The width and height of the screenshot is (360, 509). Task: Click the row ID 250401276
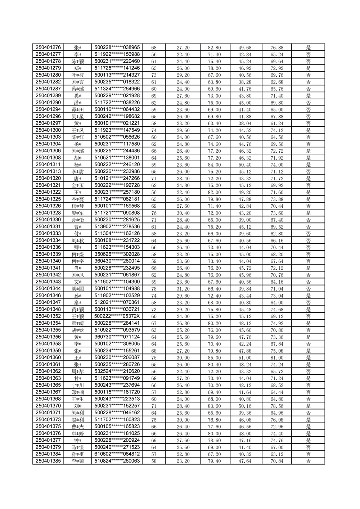pos(48,48)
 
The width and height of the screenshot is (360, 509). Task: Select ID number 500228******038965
pos(117,48)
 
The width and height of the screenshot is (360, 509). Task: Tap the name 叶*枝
pos(78,75)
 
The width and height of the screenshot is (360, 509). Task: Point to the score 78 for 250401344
pos(154,289)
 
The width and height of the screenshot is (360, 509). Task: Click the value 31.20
pos(183,289)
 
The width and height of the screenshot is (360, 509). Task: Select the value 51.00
pos(245,358)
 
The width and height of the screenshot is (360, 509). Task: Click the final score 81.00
pos(277,358)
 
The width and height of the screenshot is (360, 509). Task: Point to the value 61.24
pos(277,123)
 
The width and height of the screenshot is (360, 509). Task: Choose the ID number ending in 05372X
pos(117,316)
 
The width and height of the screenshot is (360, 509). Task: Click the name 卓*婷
pos(78,433)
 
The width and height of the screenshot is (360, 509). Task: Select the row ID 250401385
pos(48,461)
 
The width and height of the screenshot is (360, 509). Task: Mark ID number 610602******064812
pos(117,454)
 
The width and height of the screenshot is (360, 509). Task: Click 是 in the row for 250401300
pos(308,130)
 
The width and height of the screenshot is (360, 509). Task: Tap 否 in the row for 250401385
pos(308,461)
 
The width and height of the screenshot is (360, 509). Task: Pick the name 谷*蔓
pos(78,199)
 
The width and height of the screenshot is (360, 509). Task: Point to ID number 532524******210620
pos(117,371)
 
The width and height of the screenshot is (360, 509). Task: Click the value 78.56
pos(277,406)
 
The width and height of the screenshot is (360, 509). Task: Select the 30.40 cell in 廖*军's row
pos(183,213)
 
